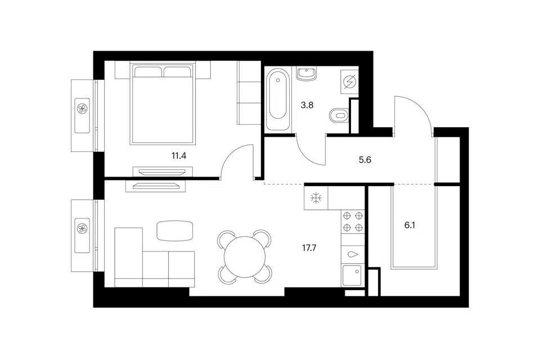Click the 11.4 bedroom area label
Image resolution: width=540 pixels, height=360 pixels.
click(x=179, y=156)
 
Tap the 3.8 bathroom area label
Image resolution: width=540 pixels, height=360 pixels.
click(x=307, y=105)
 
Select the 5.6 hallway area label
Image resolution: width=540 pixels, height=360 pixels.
click(x=364, y=160)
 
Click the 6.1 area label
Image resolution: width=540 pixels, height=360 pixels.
click(x=409, y=226)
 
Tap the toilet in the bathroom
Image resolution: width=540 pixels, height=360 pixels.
click(x=339, y=115)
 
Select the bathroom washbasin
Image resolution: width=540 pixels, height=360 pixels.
click(x=306, y=73)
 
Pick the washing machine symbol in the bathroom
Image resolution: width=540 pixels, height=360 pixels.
click(x=349, y=82)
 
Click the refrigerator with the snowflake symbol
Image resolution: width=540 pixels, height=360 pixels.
click(x=316, y=198)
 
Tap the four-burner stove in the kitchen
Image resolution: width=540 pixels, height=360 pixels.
click(x=353, y=222)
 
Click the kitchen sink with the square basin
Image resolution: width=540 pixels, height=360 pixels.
click(x=352, y=275)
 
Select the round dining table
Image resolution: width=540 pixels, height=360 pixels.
click(x=245, y=256)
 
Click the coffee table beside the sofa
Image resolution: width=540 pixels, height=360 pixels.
click(x=175, y=230)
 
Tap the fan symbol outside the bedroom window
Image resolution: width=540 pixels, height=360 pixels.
click(x=82, y=109)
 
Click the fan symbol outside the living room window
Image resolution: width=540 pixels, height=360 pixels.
click(x=82, y=228)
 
